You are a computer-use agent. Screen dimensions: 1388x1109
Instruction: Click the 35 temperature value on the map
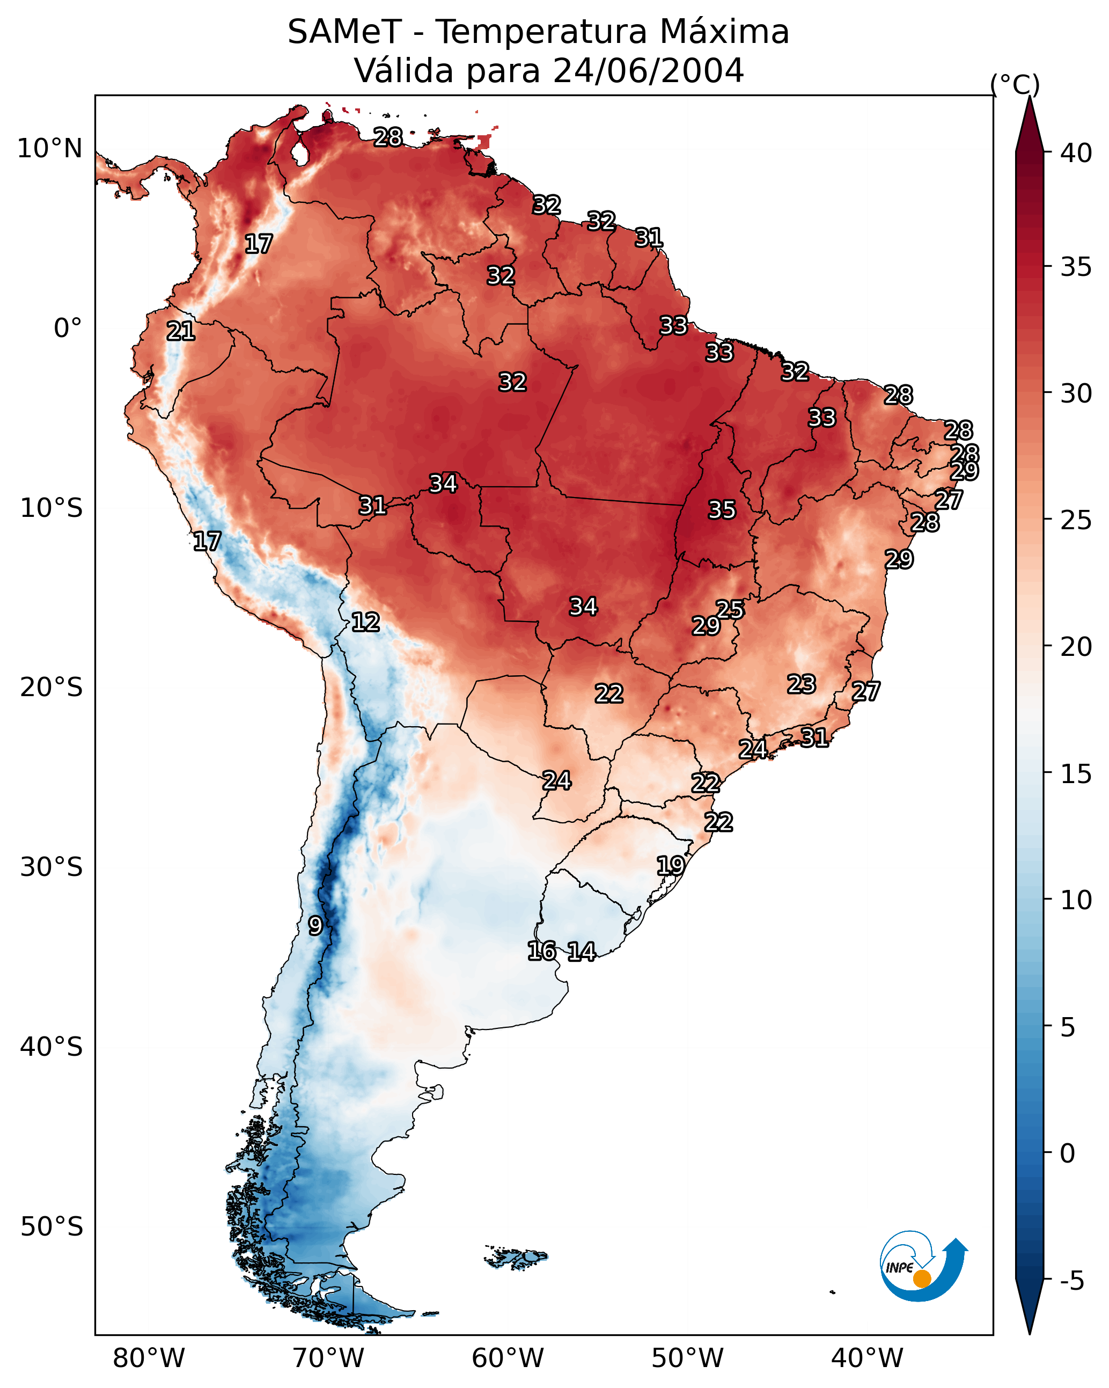[722, 510]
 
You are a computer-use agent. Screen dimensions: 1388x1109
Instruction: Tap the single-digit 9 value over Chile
[315, 926]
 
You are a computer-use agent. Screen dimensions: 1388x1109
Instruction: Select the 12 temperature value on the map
[365, 622]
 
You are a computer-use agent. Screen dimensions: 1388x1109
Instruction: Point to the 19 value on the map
[670, 865]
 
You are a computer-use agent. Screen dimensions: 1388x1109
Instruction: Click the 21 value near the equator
[180, 331]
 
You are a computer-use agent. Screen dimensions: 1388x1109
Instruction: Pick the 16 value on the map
[541, 951]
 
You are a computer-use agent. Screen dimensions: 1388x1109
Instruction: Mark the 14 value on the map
[581, 952]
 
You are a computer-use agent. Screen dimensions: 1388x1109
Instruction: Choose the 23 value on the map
[802, 684]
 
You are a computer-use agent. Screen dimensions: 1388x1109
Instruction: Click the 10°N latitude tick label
[49, 149]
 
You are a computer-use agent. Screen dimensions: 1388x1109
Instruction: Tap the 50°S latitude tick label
[52, 1227]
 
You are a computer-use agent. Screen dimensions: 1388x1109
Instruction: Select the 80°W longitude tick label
[149, 1358]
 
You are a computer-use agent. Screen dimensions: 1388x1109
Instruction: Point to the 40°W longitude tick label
[867, 1358]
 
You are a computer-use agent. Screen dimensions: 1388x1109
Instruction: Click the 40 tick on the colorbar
[1076, 153]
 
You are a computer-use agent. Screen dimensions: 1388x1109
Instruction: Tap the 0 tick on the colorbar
[1067, 1153]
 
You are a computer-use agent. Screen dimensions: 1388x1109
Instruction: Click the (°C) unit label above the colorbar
[1015, 84]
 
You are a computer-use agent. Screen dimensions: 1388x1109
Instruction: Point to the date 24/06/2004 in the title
[648, 71]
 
